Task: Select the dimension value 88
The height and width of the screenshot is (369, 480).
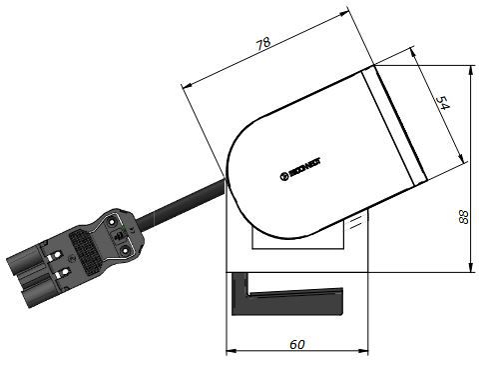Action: click(x=462, y=219)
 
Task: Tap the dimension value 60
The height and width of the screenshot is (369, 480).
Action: click(x=297, y=344)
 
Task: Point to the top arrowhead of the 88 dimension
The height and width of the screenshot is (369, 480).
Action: click(x=470, y=71)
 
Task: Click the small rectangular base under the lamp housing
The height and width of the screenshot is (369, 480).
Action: click(x=299, y=235)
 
